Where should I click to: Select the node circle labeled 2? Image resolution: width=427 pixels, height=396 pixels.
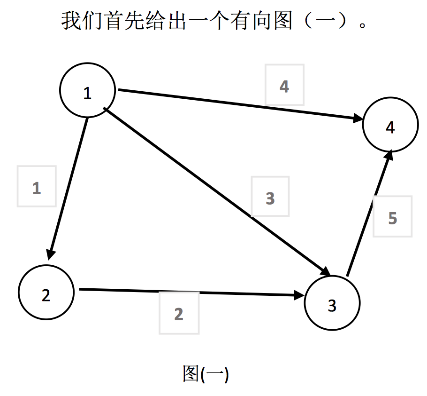click(46, 293)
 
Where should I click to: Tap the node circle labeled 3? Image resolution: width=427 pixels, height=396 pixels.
click(332, 304)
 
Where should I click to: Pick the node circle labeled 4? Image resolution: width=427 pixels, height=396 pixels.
click(390, 125)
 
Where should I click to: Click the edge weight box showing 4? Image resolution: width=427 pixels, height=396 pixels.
click(284, 85)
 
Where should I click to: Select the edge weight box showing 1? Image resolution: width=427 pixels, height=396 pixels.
click(37, 186)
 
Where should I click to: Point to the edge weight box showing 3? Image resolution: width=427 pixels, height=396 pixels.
click(270, 197)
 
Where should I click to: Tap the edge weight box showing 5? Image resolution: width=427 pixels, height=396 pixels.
click(393, 216)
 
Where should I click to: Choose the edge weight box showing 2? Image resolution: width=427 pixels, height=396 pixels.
click(179, 312)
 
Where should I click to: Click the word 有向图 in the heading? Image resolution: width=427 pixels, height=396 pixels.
click(260, 21)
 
